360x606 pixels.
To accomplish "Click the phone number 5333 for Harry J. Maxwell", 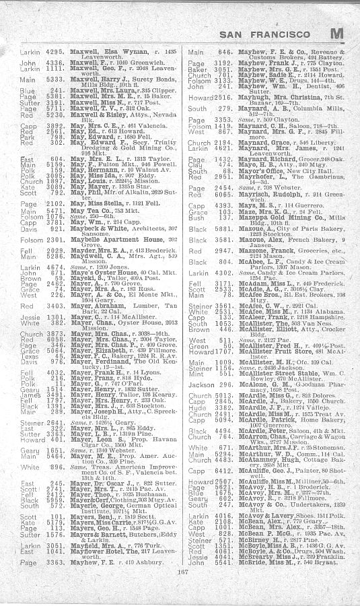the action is (56, 77).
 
